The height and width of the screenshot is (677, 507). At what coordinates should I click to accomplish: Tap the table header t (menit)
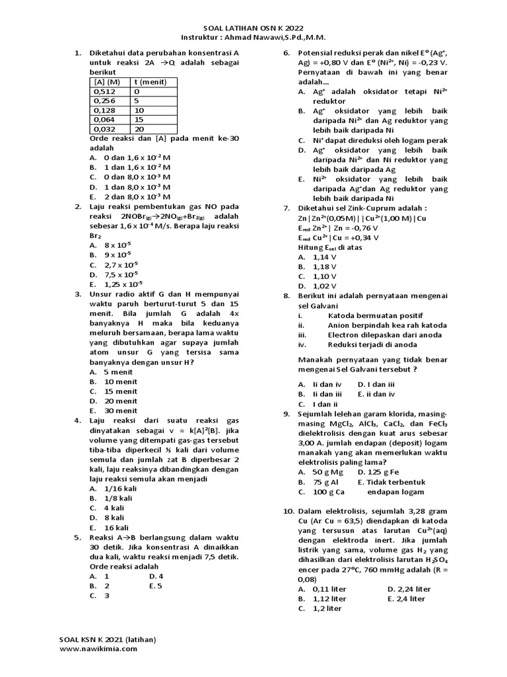tap(151, 82)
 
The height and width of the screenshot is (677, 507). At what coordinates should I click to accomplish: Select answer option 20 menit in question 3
tap(116, 401)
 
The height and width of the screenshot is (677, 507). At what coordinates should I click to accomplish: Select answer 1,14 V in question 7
tap(320, 257)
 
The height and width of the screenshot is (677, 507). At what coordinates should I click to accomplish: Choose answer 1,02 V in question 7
tap(320, 286)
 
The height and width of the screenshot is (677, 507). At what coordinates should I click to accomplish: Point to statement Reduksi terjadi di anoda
tap(372, 344)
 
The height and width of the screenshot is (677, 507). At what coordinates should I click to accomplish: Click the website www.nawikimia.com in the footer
tap(99, 649)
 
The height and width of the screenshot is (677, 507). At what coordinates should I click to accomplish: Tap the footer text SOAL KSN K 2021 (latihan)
tap(108, 639)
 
